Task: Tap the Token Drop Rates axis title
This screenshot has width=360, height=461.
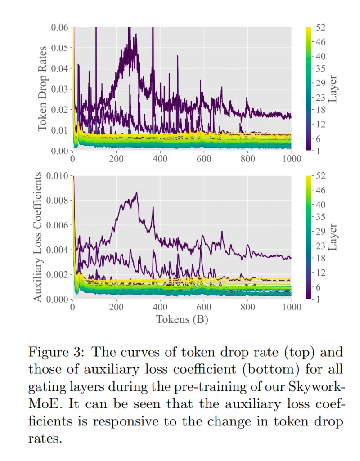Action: [43, 88]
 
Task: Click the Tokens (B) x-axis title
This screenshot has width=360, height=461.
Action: [182, 319]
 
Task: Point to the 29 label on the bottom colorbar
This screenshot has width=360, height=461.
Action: [321, 231]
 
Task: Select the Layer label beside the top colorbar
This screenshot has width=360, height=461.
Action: [333, 89]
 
